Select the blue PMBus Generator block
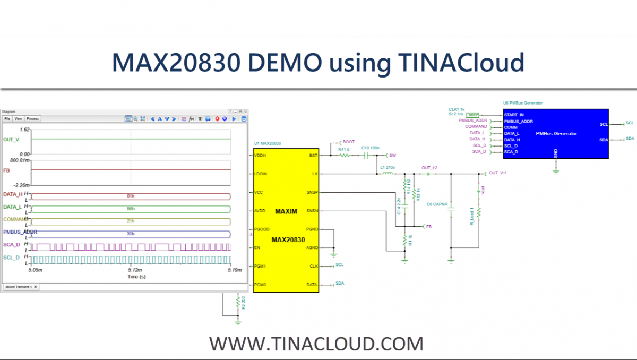click(555, 133)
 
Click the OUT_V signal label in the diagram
click(11, 139)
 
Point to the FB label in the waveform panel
click(6, 171)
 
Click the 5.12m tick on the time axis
click(132, 270)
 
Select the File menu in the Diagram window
click(7, 119)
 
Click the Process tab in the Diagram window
click(33, 119)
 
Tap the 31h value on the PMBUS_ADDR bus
click(131, 234)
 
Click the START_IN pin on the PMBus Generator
click(514, 115)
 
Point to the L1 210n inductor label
click(388, 168)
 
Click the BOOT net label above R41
click(348, 142)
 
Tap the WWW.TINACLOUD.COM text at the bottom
click(316, 344)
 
